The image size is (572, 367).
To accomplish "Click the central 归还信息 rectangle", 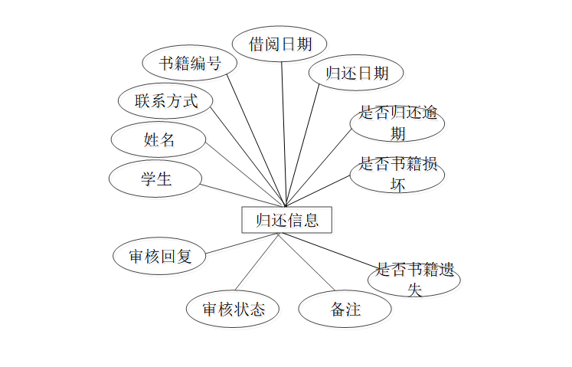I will click(x=286, y=220).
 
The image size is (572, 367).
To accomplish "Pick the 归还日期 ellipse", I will click(x=357, y=73).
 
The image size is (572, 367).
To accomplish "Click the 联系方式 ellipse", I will click(x=166, y=100).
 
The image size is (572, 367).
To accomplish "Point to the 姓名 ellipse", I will click(x=159, y=139).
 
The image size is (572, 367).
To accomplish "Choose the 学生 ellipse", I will click(x=155, y=179).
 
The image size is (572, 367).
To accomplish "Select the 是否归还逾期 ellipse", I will click(x=397, y=123).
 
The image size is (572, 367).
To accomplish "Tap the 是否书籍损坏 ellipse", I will click(x=397, y=174).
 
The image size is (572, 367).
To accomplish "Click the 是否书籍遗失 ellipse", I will click(x=414, y=279).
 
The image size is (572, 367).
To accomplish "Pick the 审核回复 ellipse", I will click(x=160, y=257).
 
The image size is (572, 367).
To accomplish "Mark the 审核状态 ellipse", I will click(x=233, y=309).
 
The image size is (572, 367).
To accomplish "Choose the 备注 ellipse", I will click(x=345, y=310).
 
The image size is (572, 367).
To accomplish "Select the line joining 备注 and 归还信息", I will click(x=306, y=261).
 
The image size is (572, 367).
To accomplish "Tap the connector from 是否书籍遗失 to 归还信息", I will click(x=330, y=250).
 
